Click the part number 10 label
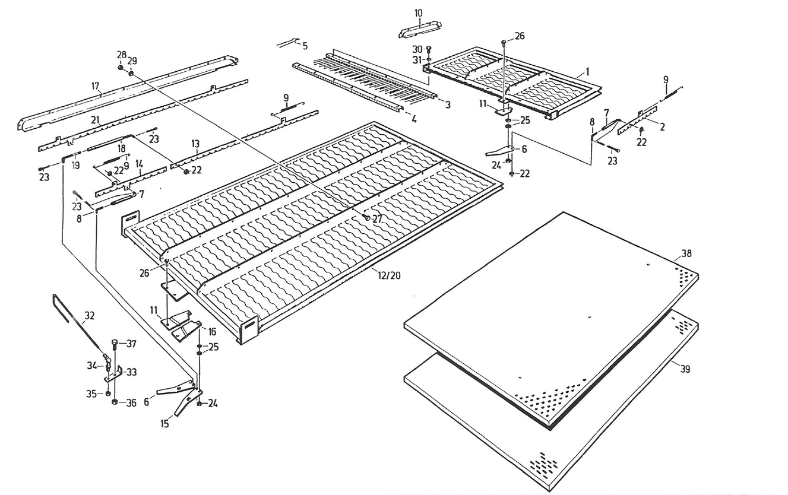tap(418, 13)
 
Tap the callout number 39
tap(686, 369)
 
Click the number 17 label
tap(95, 87)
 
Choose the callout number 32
tap(90, 316)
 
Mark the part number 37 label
tap(132, 344)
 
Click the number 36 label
tap(132, 403)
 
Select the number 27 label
tap(378, 218)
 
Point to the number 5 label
tap(305, 46)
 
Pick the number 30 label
tap(418, 48)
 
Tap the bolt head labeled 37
tap(115, 343)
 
